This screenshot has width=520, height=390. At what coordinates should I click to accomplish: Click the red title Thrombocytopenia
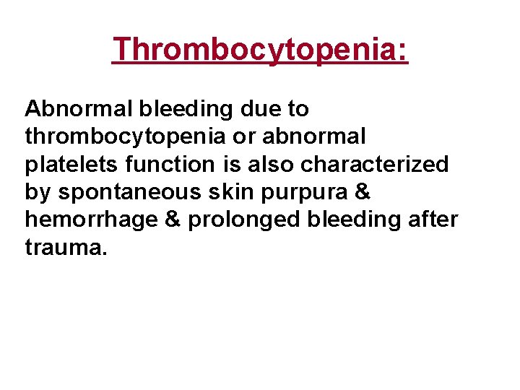click(x=260, y=50)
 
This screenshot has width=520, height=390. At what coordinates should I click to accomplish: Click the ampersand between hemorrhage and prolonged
click(x=172, y=220)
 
